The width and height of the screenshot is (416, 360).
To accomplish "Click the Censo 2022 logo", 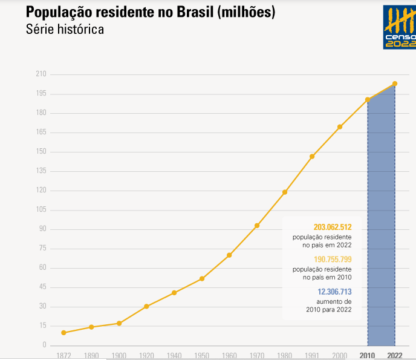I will (399, 27).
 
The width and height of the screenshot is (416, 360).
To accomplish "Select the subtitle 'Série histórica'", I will (65, 30).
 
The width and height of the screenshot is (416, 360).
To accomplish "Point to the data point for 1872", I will (63, 333).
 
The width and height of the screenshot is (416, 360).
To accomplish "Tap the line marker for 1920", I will (146, 306).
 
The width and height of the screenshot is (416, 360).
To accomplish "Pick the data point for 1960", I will (229, 255).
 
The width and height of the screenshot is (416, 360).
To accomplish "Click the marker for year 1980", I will (285, 192).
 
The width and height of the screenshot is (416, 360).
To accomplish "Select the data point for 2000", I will (340, 127).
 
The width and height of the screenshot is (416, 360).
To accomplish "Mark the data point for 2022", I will (395, 83).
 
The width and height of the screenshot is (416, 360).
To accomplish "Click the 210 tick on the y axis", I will (41, 74).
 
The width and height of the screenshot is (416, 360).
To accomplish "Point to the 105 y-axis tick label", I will (41, 210).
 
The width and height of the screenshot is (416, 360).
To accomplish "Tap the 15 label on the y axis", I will (42, 326).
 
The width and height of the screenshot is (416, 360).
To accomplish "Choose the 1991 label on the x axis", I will (312, 355).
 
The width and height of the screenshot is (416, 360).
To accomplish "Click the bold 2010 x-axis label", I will (368, 355).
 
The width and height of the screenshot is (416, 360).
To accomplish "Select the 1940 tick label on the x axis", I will (174, 355).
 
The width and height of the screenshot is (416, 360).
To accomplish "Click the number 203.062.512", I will (333, 227).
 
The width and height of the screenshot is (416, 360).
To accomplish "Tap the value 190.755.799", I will (333, 260).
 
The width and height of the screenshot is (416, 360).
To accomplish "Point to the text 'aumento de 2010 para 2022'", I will (329, 305).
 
